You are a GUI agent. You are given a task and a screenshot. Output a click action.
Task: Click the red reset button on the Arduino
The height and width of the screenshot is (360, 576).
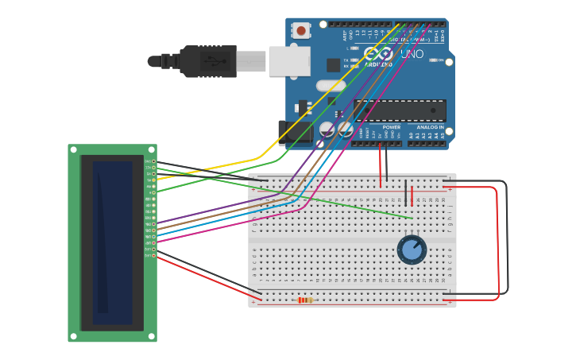pyautogui.click(x=301, y=31)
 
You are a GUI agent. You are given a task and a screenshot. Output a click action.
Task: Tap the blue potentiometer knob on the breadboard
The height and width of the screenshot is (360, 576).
pyautogui.click(x=412, y=249)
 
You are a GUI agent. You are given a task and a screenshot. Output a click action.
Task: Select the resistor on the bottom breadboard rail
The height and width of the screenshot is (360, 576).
pyautogui.click(x=305, y=300)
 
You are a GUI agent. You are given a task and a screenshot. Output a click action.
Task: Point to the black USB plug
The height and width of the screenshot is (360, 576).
pyautogui.click(x=208, y=61)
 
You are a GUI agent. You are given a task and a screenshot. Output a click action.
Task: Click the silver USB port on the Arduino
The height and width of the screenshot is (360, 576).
pyautogui.click(x=288, y=61)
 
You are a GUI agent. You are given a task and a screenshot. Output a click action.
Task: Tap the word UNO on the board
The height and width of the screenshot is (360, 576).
pyautogui.click(x=412, y=54)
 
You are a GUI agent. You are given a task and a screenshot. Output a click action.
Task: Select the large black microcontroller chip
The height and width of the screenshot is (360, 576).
pyautogui.click(x=399, y=110)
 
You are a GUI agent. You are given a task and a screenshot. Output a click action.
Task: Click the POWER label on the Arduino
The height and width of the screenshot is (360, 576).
pyautogui.click(x=391, y=127)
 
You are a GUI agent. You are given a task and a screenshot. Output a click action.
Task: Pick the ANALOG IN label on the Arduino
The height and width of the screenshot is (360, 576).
pyautogui.click(x=430, y=127)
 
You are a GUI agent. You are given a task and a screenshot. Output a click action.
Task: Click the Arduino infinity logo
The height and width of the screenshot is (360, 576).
pyautogui.click(x=378, y=55)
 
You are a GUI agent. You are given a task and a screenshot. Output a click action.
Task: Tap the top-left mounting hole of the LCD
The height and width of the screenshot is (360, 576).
pyautogui.click(x=74, y=149)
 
